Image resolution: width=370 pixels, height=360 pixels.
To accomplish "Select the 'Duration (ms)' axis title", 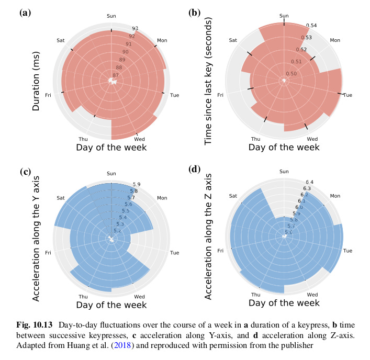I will pyautogui.click(x=37, y=83).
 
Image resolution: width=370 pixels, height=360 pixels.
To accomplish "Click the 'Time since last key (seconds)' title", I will pyautogui.click(x=208, y=84).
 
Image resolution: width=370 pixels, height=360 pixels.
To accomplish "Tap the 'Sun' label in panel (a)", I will pyautogui.click(x=111, y=16).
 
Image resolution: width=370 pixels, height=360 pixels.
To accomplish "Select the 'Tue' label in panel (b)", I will pyautogui.click(x=347, y=95).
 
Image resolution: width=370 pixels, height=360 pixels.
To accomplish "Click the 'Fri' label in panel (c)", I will pyautogui.click(x=48, y=253).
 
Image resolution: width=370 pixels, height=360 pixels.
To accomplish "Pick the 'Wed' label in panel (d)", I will pyautogui.click(x=312, y=295).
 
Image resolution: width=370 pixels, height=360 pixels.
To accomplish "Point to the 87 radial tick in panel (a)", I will pyautogui.click(x=116, y=75).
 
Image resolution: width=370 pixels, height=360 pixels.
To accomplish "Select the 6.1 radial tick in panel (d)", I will pyautogui.click(x=301, y=201).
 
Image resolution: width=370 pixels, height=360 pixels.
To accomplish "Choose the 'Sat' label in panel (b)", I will pyautogui.click(x=233, y=40).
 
